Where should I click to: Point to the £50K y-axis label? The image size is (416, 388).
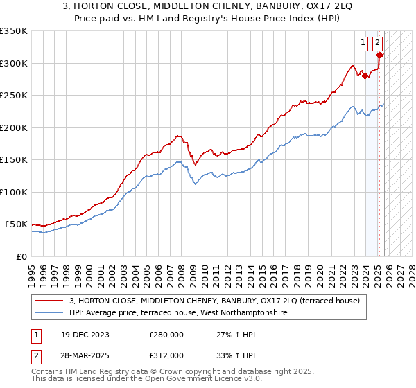(x=15, y=224)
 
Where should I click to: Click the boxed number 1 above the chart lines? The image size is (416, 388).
(x=363, y=43)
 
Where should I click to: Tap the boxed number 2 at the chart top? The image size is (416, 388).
(x=377, y=43)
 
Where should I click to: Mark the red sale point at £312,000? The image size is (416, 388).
(x=379, y=55)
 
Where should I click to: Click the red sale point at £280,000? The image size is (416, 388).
(x=365, y=76)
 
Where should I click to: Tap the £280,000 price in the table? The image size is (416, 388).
(x=166, y=334)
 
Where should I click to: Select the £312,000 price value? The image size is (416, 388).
(x=166, y=355)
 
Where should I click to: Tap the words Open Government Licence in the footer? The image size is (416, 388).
(x=174, y=380)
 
